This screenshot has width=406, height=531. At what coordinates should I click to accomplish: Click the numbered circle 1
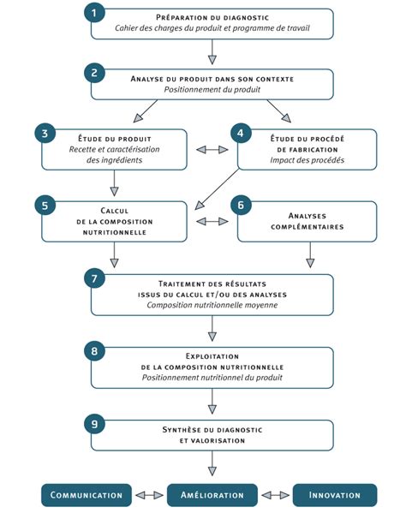click(x=95, y=12)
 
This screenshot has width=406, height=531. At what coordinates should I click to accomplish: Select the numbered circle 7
click(x=95, y=277)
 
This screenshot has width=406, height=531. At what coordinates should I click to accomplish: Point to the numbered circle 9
click(x=95, y=423)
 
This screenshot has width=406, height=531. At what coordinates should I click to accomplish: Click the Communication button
click(x=87, y=495)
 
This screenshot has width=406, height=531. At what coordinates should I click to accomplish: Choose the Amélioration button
click(x=212, y=495)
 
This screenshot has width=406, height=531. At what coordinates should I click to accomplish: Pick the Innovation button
click(x=335, y=495)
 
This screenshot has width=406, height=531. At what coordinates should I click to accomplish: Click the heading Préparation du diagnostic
click(x=212, y=17)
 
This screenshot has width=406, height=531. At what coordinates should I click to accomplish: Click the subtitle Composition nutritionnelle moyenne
click(x=212, y=305)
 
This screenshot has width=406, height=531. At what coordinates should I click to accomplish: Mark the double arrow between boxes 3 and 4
click(x=212, y=149)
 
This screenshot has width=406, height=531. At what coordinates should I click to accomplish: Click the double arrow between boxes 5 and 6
click(x=212, y=221)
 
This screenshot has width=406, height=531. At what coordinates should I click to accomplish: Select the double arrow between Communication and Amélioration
click(x=149, y=495)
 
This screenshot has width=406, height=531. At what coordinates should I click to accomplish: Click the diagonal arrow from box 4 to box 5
click(x=217, y=188)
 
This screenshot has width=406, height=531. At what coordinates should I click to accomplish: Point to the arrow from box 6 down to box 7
click(x=310, y=255)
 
